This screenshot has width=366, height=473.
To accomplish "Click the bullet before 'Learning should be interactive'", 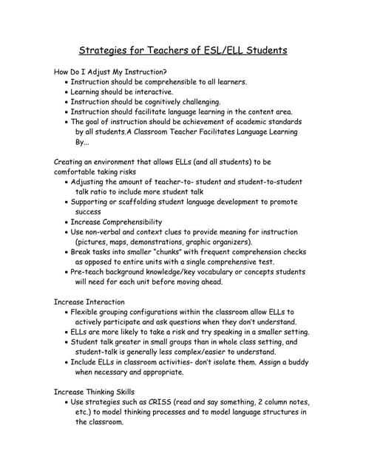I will (x=66, y=92).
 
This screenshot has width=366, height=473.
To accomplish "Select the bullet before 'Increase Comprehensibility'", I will (x=66, y=222).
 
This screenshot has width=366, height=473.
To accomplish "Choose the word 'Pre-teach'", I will (x=90, y=272).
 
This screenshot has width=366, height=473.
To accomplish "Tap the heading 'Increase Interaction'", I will (x=89, y=302).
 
